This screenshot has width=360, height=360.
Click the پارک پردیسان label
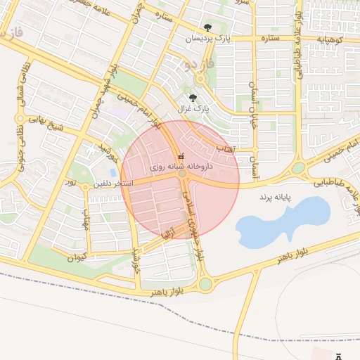point(207,39)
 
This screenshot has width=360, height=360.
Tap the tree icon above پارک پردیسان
point(207,29)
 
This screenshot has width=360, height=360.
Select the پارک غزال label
point(200,109)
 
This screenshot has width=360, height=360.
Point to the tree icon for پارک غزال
point(194,98)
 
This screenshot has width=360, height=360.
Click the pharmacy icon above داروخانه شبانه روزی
point(181,156)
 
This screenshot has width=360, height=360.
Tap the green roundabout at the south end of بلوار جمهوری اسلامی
point(205,284)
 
